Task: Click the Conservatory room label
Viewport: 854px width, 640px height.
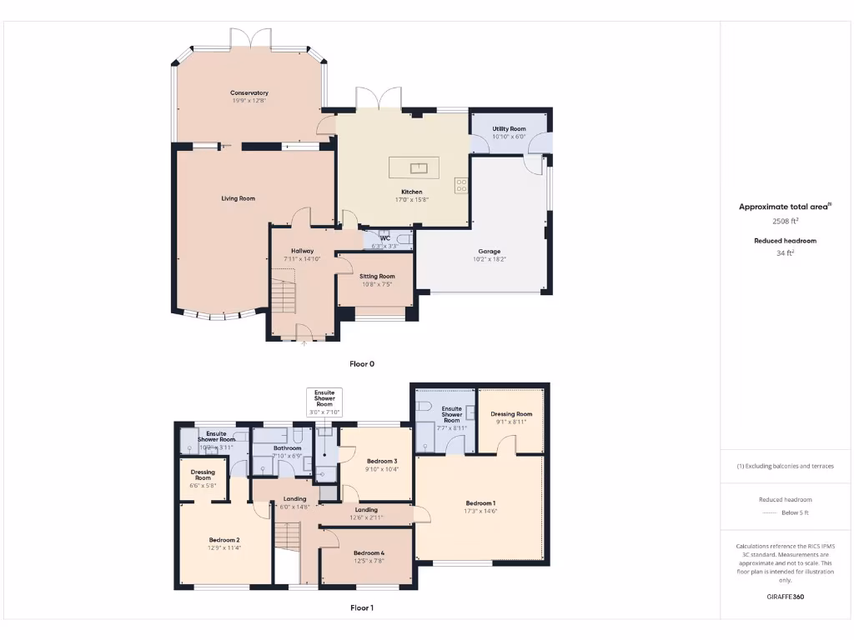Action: (249, 92)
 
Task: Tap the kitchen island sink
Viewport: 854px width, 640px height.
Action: (419, 168)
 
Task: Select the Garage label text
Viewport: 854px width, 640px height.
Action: (490, 251)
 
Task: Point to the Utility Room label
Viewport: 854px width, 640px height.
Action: (509, 129)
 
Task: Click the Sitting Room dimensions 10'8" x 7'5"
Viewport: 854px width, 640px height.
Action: (377, 284)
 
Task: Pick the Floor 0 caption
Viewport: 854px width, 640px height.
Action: (362, 364)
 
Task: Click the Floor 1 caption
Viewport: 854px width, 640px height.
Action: (362, 607)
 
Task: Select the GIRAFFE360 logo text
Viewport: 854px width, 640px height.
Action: (785, 597)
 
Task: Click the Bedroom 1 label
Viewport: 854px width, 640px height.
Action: (480, 503)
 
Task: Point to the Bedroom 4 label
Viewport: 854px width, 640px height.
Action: (369, 553)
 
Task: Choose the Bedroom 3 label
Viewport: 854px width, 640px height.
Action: (382, 461)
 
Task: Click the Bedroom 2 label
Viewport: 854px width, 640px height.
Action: (224, 540)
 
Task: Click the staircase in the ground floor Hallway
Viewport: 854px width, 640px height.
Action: (283, 296)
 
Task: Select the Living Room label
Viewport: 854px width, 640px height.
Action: (239, 198)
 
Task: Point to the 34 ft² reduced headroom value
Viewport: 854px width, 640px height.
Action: (785, 252)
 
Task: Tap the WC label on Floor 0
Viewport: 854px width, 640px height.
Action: (385, 238)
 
